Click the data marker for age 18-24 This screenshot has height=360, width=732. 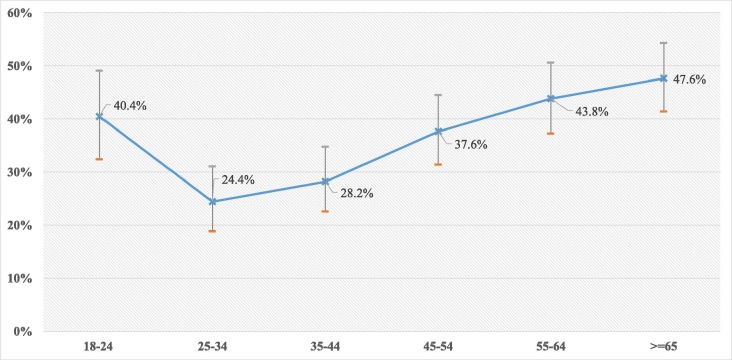click(x=99, y=116)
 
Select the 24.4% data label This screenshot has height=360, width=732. click(x=238, y=180)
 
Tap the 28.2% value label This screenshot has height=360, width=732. click(x=355, y=193)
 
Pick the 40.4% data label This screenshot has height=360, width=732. click(x=128, y=101)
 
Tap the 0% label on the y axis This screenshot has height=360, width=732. click(x=25, y=331)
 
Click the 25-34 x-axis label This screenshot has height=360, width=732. click(x=212, y=345)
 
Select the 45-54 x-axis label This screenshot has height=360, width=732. click(x=438, y=345)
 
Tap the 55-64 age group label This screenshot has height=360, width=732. click(x=550, y=345)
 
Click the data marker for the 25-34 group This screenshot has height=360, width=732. click(x=212, y=201)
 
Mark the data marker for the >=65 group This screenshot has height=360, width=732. click(x=663, y=78)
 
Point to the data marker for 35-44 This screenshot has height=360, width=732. click(x=325, y=182)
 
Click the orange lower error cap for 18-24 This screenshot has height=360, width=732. click(x=99, y=159)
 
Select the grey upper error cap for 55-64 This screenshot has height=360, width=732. click(x=550, y=63)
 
